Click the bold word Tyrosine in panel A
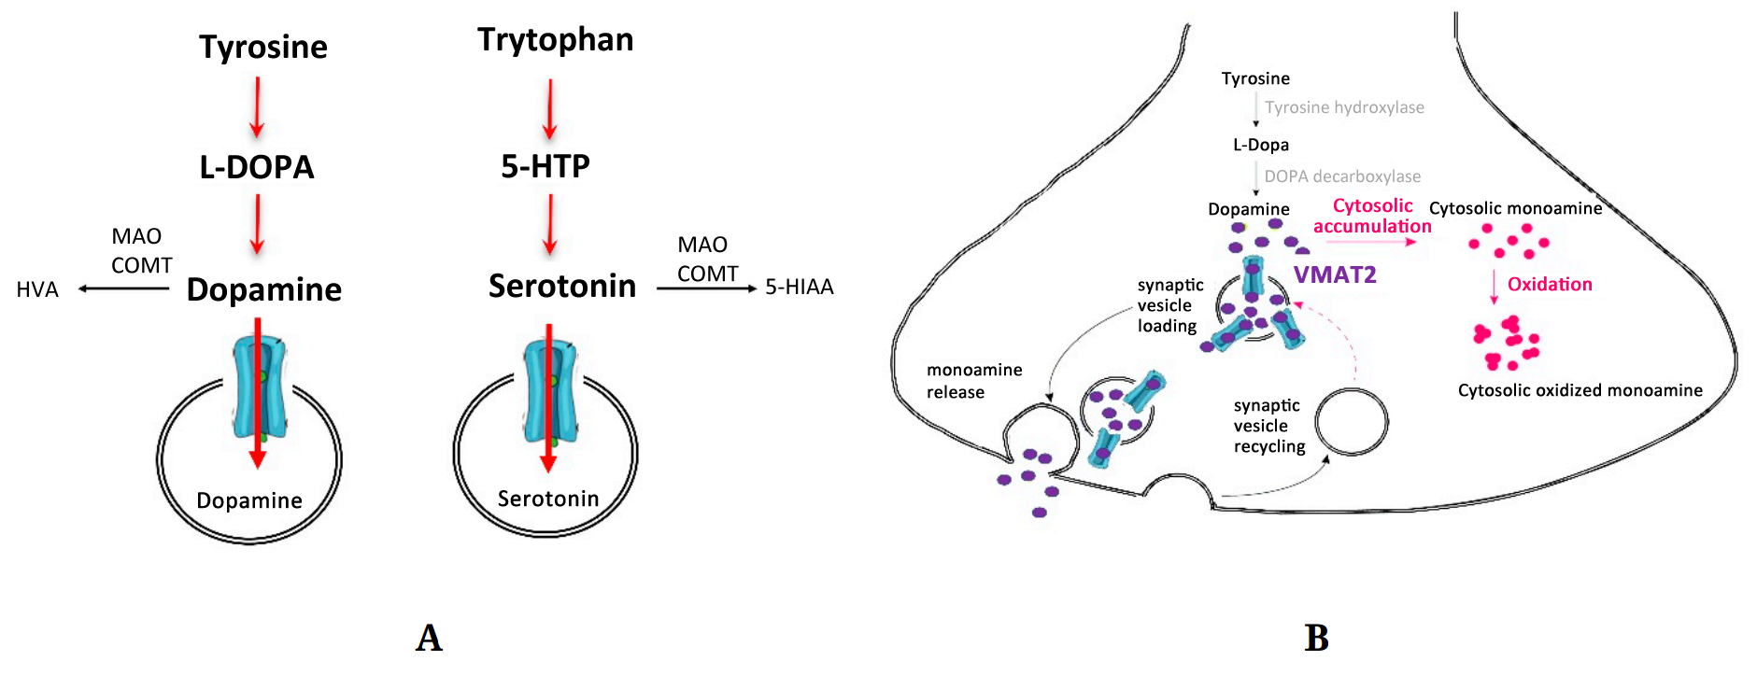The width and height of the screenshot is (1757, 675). (263, 48)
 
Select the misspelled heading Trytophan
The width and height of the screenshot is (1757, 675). (555, 40)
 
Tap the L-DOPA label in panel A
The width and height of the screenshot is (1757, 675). (257, 167)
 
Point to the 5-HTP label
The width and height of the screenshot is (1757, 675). (546, 166)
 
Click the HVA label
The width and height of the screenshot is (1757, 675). (37, 290)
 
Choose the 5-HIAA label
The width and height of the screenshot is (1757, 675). (799, 288)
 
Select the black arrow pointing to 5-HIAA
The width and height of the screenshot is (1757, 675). (706, 288)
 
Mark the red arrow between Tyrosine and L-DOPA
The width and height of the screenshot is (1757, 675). (257, 106)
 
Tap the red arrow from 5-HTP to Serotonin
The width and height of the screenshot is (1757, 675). (550, 224)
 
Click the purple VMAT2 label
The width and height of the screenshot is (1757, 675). (1335, 275)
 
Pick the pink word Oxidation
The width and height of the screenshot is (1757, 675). (1550, 285)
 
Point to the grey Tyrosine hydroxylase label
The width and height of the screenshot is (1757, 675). (1344, 107)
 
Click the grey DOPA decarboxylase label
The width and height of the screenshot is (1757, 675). (1342, 176)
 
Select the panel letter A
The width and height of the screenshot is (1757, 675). (429, 638)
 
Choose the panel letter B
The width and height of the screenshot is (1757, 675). (1316, 638)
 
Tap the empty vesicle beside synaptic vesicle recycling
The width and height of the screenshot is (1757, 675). (1352, 422)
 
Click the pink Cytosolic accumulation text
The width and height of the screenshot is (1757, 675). (1372, 216)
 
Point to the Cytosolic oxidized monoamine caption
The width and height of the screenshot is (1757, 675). (1580, 390)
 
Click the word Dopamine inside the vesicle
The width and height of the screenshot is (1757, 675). (249, 501)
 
